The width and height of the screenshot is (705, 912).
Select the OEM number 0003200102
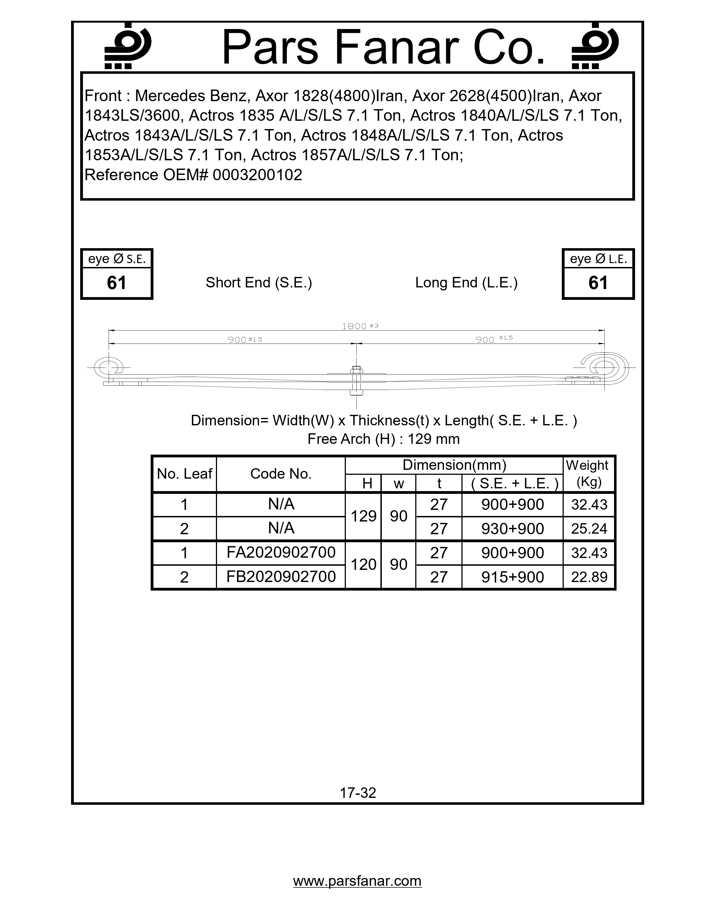pyautogui.click(x=257, y=175)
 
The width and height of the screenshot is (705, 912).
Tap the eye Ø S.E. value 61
pyautogui.click(x=116, y=283)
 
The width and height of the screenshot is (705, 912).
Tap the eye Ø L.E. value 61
pyautogui.click(x=598, y=283)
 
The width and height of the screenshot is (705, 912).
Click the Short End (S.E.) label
pyautogui.click(x=259, y=283)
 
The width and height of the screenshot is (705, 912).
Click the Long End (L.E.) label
pyautogui.click(x=466, y=283)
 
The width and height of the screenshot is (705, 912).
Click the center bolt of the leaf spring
pyautogui.click(x=356, y=380)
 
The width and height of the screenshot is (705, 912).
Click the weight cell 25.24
pyautogui.click(x=589, y=529)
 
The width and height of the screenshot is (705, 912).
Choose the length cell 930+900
pyautogui.click(x=513, y=529)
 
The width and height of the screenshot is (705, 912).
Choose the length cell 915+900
pyautogui.click(x=513, y=577)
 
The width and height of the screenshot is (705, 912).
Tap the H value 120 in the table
pyautogui.click(x=363, y=565)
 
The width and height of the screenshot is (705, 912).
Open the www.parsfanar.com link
pyautogui.click(x=357, y=881)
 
